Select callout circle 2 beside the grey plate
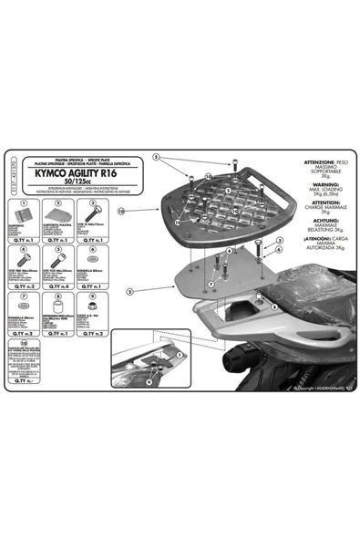[132, 291]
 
